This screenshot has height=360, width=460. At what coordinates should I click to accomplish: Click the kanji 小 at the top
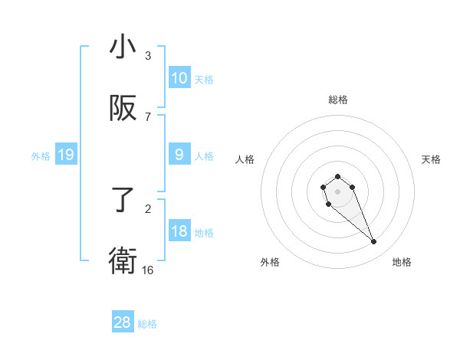point(123,47)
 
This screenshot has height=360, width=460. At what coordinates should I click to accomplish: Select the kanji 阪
point(123,109)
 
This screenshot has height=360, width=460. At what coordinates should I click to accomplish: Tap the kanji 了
point(123,201)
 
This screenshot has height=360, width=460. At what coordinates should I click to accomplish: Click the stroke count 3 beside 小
point(148,56)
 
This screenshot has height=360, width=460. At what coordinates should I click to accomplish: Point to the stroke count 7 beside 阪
point(148,117)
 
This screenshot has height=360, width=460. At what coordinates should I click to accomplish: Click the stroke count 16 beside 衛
point(148,270)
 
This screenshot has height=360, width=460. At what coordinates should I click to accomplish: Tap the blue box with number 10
point(179,78)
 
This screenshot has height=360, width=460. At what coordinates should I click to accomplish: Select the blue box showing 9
point(179,155)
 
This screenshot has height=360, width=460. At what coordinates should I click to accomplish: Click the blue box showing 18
point(179,231)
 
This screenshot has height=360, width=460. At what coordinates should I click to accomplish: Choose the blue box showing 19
point(65,155)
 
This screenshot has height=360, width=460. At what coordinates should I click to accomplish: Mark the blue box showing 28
point(123,322)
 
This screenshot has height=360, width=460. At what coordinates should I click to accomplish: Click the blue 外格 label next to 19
point(41,156)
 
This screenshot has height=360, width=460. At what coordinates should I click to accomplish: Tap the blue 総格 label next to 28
point(147,324)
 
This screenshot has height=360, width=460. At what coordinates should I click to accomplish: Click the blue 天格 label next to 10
point(204,80)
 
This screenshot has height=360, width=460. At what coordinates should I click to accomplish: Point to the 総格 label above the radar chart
point(337,100)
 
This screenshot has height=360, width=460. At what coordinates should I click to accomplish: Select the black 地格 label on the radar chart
point(402,263)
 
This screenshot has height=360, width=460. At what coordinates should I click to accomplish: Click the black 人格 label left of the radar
point(245,159)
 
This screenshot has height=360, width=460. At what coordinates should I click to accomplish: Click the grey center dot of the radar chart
point(337,191)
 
